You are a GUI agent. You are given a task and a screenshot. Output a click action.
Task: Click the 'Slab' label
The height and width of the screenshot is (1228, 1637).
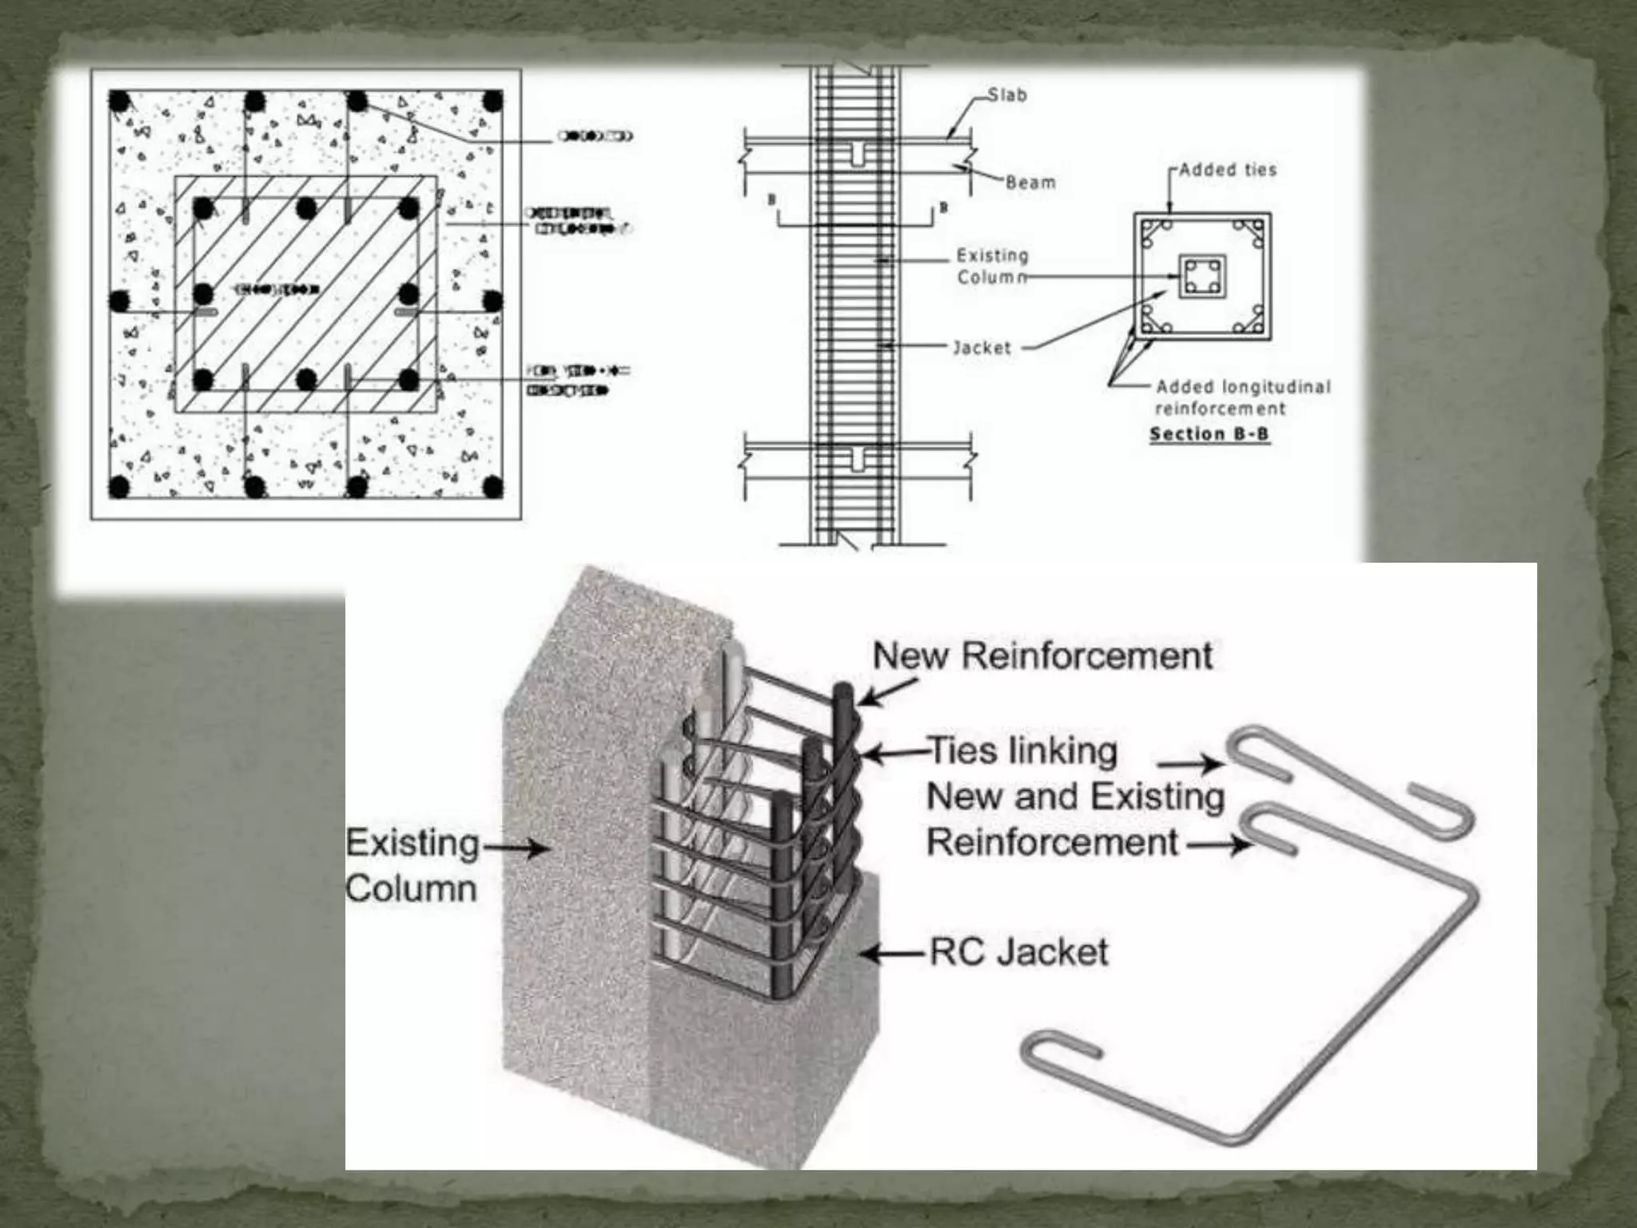(1006, 95)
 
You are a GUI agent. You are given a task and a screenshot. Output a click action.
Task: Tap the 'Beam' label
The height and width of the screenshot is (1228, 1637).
(1030, 182)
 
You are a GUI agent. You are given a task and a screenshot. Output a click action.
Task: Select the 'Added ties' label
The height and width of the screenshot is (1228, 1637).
(1228, 169)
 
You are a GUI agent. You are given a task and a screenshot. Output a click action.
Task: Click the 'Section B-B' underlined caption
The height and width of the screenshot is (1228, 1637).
(1209, 434)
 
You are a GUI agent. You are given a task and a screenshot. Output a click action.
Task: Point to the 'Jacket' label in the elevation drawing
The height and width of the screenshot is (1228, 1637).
(982, 348)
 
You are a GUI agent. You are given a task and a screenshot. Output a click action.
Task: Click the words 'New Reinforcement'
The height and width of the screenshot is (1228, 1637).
(1042, 656)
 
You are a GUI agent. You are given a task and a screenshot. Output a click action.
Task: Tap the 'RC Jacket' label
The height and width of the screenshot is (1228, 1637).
(1019, 952)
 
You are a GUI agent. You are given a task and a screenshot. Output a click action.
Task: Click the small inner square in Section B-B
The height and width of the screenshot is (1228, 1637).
(1202, 277)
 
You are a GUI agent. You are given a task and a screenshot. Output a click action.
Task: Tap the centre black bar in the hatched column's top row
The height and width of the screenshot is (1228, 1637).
(305, 209)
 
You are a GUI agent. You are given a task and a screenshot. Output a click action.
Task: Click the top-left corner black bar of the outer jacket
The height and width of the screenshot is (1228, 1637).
(120, 102)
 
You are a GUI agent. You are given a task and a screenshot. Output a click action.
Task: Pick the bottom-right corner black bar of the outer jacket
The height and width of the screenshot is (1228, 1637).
(493, 486)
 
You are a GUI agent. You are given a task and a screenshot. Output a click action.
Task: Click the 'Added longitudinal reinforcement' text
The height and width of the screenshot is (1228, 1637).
(1243, 397)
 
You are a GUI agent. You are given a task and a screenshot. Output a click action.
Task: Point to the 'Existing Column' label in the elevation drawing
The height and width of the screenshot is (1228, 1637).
(992, 266)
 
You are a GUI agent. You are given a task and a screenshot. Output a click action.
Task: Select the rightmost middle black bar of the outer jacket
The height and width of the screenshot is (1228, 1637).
(493, 301)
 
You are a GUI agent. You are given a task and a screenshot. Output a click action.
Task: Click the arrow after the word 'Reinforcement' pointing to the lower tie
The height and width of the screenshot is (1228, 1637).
(1218, 843)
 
